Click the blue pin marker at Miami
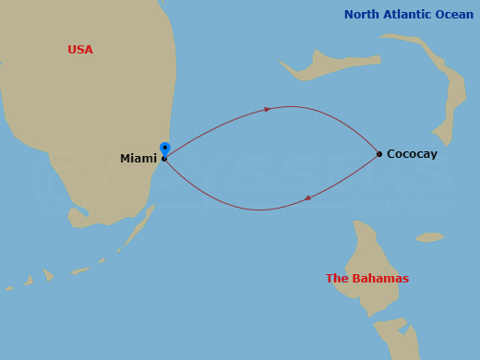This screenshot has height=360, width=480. tap(165, 148)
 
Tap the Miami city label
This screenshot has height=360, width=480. tap(138, 159)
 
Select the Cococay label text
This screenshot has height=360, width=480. tap(412, 154)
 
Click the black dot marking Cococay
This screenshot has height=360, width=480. tap(379, 154)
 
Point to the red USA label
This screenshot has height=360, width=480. tap(80, 50)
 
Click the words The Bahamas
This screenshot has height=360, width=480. tap(367, 279)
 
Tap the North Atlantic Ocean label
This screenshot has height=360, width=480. tap(409, 15)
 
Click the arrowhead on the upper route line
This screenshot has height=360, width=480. tap(268, 109)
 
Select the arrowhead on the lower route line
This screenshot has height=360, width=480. tap(307, 198)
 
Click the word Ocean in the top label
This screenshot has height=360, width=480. tap(454, 15)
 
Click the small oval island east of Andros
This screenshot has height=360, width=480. tap(429, 237)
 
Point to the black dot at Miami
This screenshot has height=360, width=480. tap(164, 159)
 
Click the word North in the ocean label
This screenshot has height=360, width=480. tap(363, 15)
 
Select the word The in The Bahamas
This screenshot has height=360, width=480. tap(337, 279)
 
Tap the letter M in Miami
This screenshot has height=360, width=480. tap(126, 159)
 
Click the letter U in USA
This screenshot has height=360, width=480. tap(72, 50)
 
